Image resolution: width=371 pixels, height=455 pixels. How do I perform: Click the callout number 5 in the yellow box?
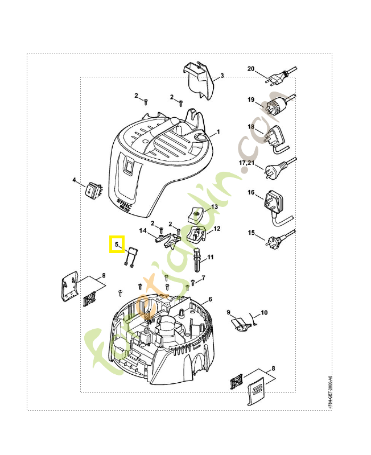pos(117,245)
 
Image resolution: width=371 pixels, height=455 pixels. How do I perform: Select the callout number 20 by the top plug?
pos(251,69)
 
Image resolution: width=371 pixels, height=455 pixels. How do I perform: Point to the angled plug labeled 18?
pos(274,139)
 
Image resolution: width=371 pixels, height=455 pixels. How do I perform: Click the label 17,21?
pos(247,163)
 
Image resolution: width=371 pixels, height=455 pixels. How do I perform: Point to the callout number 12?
pos(217,228)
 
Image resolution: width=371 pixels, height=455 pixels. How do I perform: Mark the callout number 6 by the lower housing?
pos(210,299)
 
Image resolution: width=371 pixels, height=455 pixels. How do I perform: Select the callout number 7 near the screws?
pos(203,278)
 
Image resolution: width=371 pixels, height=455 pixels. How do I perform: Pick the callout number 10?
pos(263,313)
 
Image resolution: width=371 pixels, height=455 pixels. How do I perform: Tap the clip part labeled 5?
pos(130,256)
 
